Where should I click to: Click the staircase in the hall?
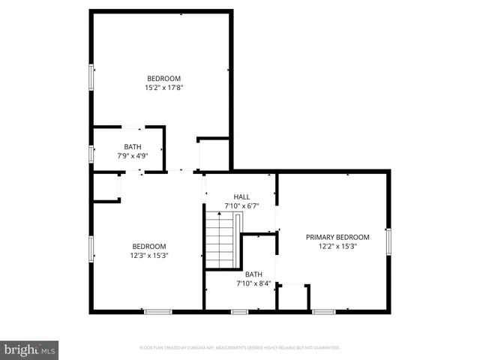[x=223, y=238]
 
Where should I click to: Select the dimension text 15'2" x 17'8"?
[x=164, y=88]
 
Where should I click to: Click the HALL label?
[x=241, y=196]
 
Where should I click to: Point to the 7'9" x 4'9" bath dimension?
[x=133, y=156]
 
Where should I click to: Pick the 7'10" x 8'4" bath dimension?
[x=253, y=283]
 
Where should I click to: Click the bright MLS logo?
[x=30, y=350]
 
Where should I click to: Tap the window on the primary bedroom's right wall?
[x=388, y=241]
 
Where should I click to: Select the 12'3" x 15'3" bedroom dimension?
[x=150, y=255]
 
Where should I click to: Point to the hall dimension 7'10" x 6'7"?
[x=241, y=205]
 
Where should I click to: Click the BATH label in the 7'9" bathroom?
[x=133, y=147]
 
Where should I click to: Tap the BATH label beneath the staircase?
[x=253, y=274]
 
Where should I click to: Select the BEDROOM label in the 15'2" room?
[x=163, y=79]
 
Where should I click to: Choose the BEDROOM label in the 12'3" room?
[x=150, y=246]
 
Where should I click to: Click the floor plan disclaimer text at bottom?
[x=240, y=348]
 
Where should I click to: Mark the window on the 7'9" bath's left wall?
[x=91, y=154]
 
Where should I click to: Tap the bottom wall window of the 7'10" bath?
[x=240, y=311]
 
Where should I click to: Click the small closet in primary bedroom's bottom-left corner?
[x=293, y=297]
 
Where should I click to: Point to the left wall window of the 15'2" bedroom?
[x=91, y=76]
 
